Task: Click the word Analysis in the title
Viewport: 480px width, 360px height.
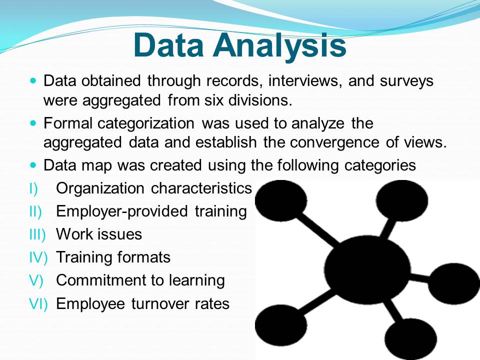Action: click(279, 46)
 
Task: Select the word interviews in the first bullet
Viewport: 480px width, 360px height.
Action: click(305, 81)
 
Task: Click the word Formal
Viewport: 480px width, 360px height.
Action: click(67, 123)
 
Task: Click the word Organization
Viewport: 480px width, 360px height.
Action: click(100, 189)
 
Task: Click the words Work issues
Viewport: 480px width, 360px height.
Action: click(99, 234)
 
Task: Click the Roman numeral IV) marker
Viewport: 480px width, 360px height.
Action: click(38, 257)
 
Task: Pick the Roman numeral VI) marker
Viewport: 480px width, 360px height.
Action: click(38, 304)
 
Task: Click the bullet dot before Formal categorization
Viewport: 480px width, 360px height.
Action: click(33, 123)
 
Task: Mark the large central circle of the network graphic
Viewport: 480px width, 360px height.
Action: click(367, 269)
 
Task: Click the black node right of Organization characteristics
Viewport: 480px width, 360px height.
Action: click(281, 200)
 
